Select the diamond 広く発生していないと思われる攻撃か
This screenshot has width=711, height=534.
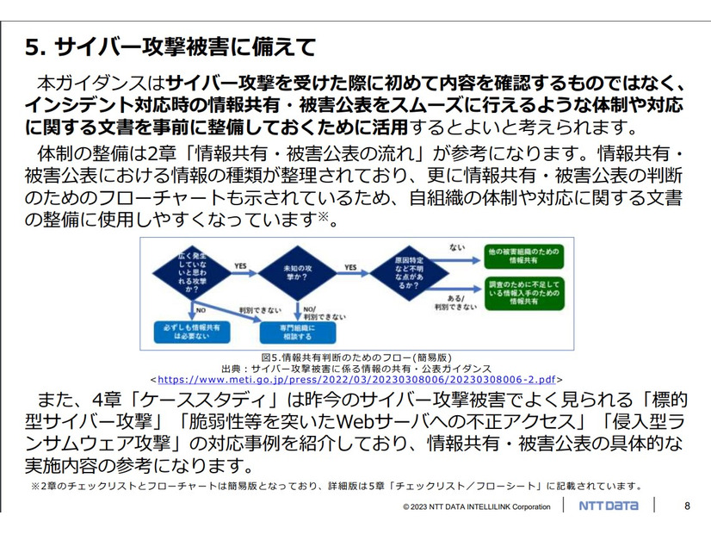[x=184, y=273]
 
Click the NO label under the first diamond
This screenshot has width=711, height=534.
[x=199, y=307]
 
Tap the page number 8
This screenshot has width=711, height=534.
[x=686, y=506]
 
